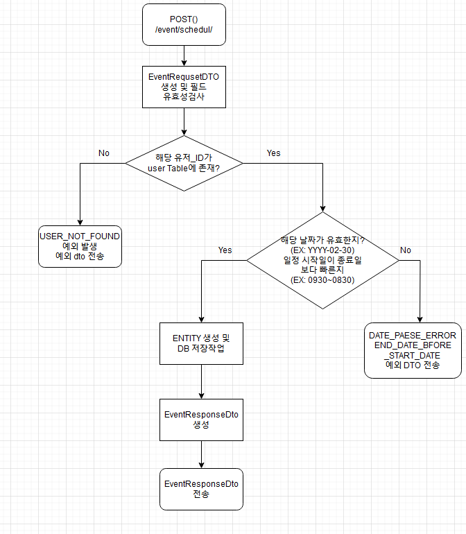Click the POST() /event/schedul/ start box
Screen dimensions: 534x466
pyautogui.click(x=184, y=25)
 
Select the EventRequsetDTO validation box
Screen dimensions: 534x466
pyautogui.click(x=184, y=87)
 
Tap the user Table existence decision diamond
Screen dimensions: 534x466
pyautogui.click(x=184, y=164)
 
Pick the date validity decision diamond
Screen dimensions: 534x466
pyautogui.click(x=322, y=260)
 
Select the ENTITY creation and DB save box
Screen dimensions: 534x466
pyautogui.click(x=201, y=344)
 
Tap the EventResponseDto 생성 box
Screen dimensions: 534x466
pyautogui.click(x=201, y=420)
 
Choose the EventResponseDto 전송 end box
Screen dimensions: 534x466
pyautogui.click(x=201, y=489)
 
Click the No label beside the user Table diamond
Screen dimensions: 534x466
pyautogui.click(x=104, y=153)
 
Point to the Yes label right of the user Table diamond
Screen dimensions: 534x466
pyautogui.click(x=273, y=153)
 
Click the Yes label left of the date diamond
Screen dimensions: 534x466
pyautogui.click(x=225, y=250)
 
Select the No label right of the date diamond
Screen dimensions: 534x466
pyautogui.click(x=406, y=250)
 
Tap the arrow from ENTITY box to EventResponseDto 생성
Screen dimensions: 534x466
pyautogui.click(x=201, y=381)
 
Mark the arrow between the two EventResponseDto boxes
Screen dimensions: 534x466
pyautogui.click(x=201, y=454)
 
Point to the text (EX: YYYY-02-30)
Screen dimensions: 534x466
pyautogui.click(x=322, y=250)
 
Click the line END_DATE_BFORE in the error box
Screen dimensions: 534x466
pyautogui.click(x=413, y=345)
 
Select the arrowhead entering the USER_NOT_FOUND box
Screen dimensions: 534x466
pyautogui.click(x=80, y=221)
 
